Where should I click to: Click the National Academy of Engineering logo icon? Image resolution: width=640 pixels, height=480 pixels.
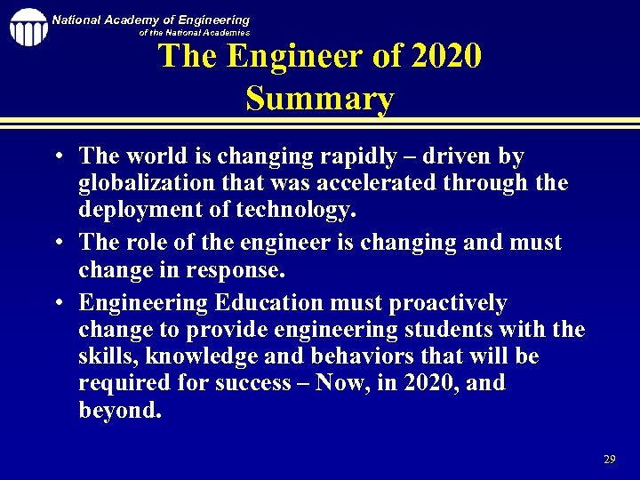(28, 28)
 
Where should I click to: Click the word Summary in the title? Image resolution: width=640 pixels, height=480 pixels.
(319, 98)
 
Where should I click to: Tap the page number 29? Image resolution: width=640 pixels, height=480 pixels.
(609, 460)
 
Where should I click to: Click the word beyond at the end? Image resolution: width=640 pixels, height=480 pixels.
(120, 412)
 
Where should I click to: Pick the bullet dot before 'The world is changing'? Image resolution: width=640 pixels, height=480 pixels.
(56, 157)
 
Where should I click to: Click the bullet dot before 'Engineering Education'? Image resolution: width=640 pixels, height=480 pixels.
(56, 304)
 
